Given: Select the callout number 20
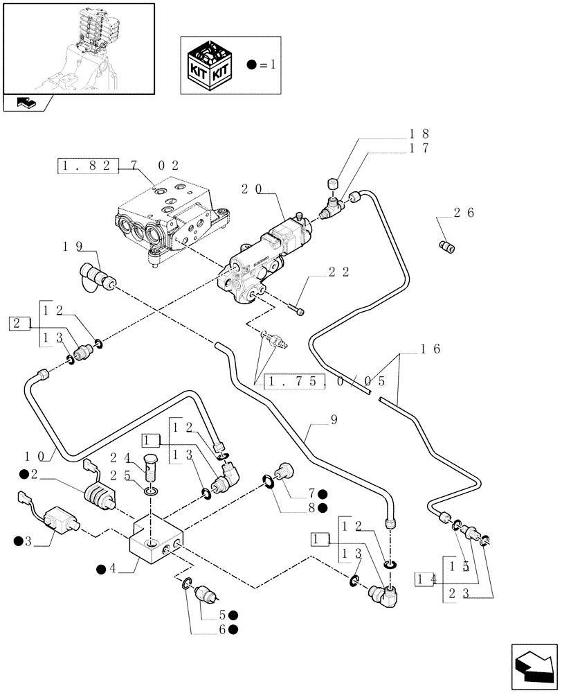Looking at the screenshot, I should coord(252,188).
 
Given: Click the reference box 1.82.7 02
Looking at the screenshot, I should coord(118,166).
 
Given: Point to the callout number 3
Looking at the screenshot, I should coord(28,541).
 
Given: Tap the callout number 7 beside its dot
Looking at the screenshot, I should coord(313,493).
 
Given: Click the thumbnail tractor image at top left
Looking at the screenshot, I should coord(78,48).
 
